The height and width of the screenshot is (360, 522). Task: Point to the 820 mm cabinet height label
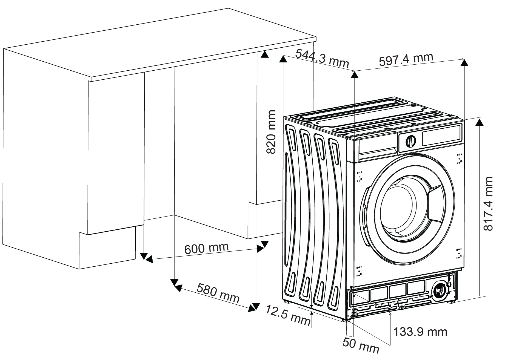[x=271, y=132]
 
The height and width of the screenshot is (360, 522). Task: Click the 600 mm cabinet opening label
[x=206, y=248]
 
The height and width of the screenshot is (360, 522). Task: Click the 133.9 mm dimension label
[x=420, y=332]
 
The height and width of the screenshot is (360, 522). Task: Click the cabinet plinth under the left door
[x=107, y=250]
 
